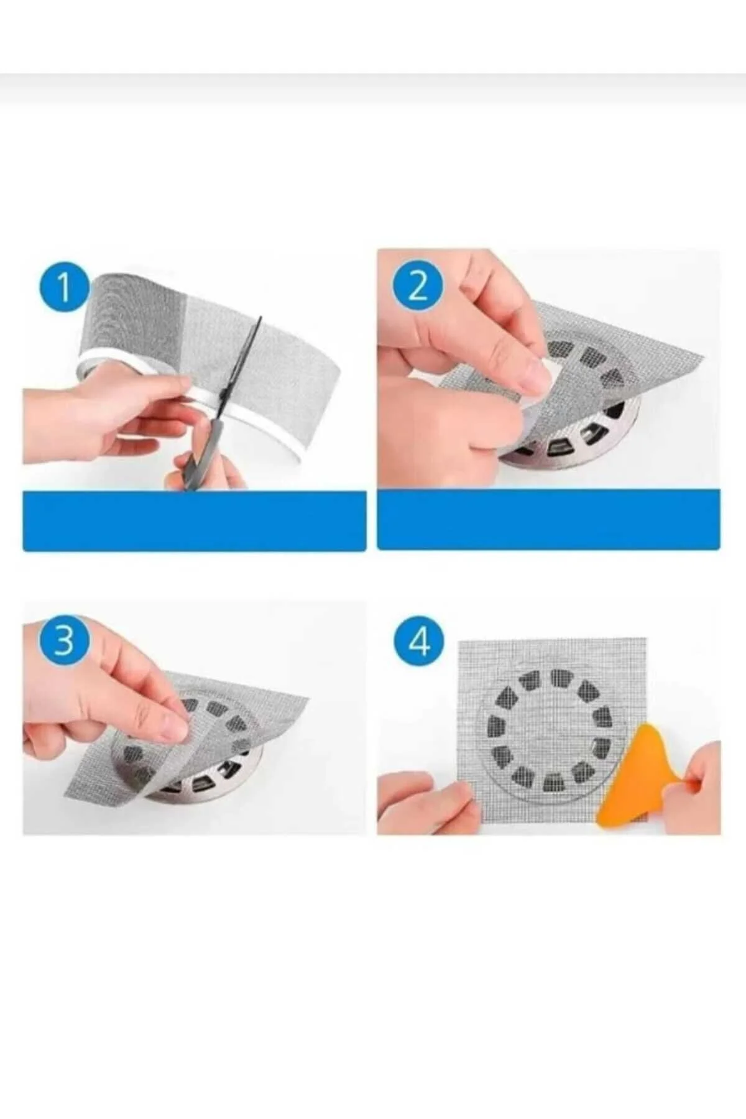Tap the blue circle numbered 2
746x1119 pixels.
[x=418, y=288]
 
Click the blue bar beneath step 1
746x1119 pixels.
[x=194, y=521]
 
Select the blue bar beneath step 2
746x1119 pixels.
[x=549, y=520]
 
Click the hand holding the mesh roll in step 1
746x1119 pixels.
[x=106, y=417]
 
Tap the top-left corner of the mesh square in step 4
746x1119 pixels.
[x=459, y=640]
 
